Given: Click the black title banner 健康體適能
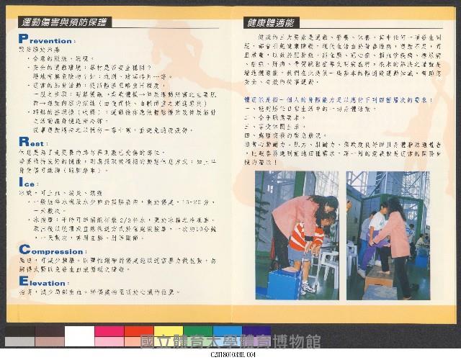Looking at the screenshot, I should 271,22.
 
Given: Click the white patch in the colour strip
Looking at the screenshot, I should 79,336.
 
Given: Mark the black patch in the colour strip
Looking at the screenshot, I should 20,336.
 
